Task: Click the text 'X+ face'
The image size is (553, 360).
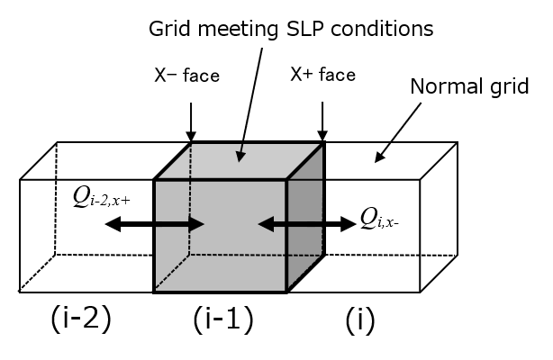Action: tap(323, 75)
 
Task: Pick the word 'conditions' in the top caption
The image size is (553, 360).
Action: tap(395, 28)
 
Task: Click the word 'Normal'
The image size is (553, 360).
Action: tap(441, 87)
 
